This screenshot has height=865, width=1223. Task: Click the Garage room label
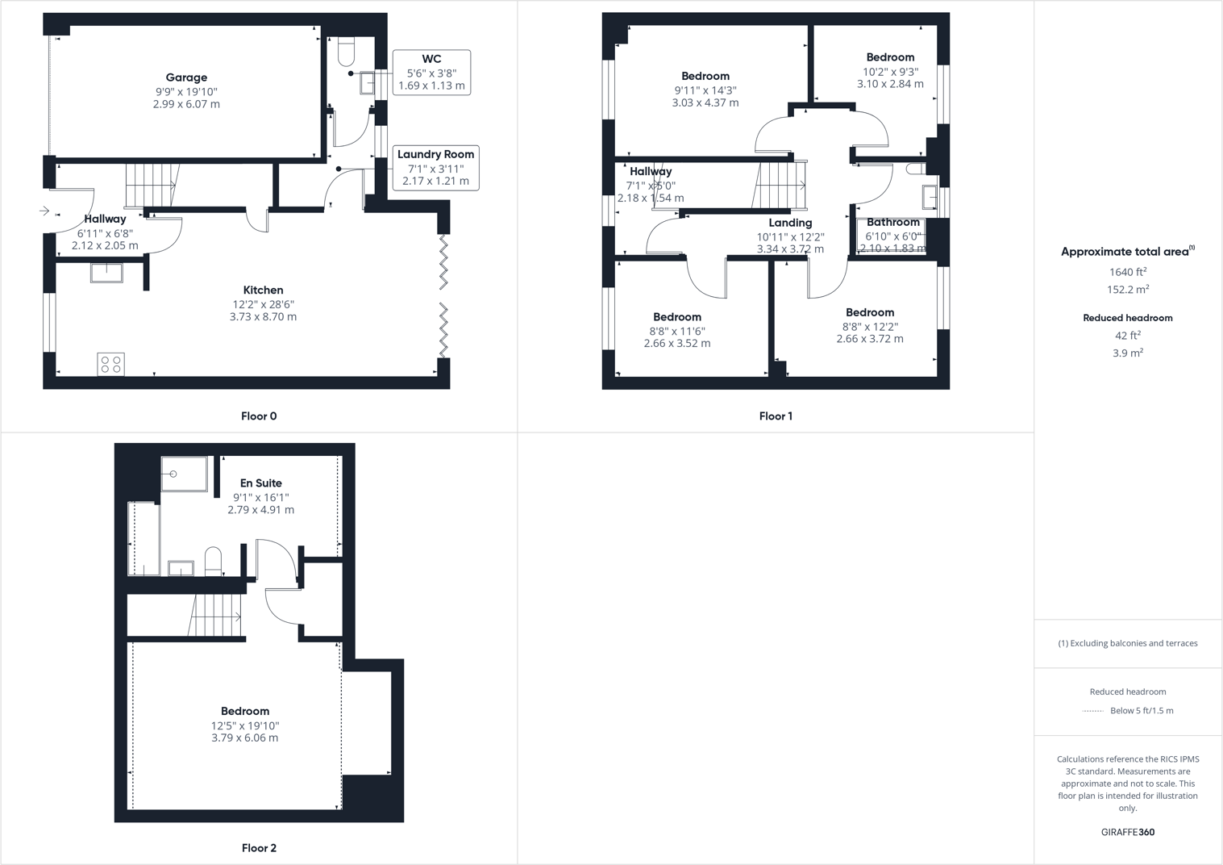point(186,77)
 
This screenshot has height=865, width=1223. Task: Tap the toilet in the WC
point(347,52)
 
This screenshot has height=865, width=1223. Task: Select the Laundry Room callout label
point(435,154)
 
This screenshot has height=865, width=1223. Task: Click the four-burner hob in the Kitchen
point(111,365)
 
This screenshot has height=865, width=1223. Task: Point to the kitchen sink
point(106,273)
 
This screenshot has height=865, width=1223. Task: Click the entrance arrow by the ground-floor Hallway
point(44,211)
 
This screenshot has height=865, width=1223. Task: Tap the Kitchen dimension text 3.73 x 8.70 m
point(263,317)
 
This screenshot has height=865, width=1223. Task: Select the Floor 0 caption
point(259,416)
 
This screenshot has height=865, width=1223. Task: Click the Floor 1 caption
point(776,416)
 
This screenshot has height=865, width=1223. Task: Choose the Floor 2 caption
point(259,848)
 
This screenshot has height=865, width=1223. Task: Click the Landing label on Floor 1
point(790,223)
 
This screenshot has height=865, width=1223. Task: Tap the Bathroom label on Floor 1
point(892,222)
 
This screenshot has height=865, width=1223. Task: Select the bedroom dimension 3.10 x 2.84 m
point(890,84)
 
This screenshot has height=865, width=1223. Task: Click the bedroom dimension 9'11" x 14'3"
point(705,90)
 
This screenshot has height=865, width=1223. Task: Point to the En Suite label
point(260,483)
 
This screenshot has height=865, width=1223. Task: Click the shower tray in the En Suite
point(184,474)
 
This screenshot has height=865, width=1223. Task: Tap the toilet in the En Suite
point(213,561)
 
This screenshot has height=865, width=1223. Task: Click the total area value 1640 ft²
point(1127,272)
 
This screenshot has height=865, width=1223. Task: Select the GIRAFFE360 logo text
point(1127,832)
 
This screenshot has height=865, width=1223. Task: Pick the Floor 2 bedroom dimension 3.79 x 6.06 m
point(245,738)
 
